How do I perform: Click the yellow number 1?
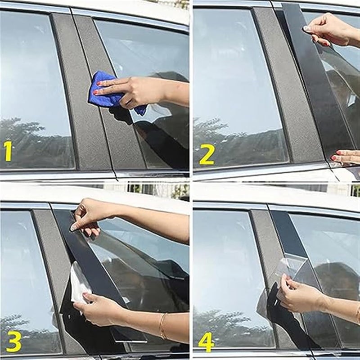[x=8, y=151]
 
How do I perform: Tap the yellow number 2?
[x=207, y=155]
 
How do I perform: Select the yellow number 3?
[x=13, y=341]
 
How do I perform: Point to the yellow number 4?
[x=206, y=342]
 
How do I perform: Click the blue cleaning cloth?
[x=108, y=92]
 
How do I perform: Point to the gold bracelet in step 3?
[x=162, y=325]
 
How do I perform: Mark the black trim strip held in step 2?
[x=315, y=81]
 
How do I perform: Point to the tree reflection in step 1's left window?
[x=27, y=139]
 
